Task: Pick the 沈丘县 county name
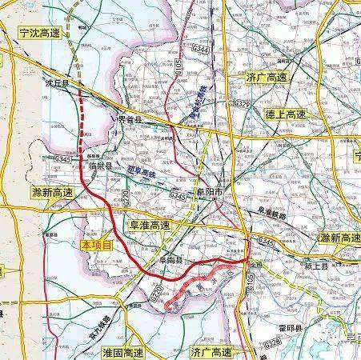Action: pos(55,82)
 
